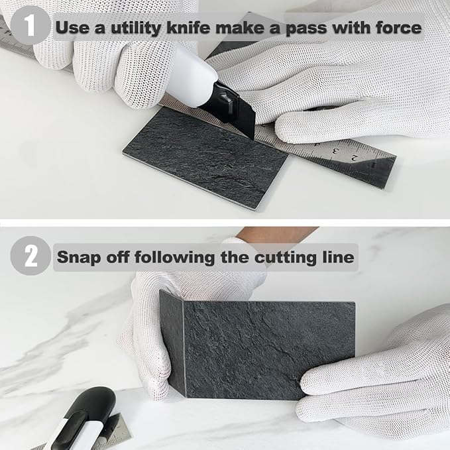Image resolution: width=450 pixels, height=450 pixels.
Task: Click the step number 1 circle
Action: point(30,27)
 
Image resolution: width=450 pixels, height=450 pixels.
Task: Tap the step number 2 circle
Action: point(30,256)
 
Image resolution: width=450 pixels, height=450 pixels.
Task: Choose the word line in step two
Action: point(336,256)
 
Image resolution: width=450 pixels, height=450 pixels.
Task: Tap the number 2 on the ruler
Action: point(374,158)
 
